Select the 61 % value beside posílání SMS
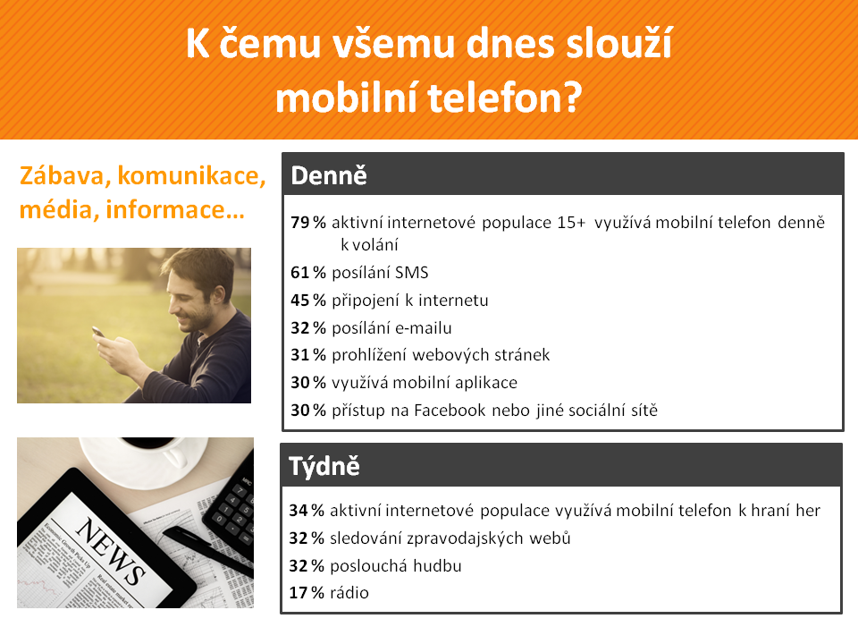[307, 273]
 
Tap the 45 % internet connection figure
[307, 301]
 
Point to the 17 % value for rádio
[306, 592]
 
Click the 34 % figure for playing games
[306, 511]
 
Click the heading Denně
[328, 175]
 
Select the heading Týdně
[324, 466]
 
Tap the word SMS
[412, 273]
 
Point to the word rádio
[349, 592]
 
